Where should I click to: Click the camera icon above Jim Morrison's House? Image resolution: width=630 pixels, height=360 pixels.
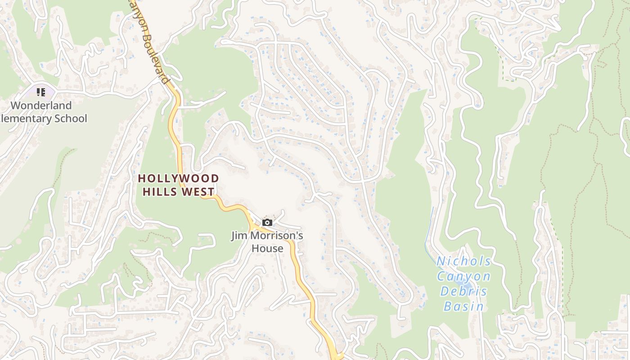(x=267, y=222)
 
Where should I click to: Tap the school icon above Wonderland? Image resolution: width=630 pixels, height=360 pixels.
(x=41, y=92)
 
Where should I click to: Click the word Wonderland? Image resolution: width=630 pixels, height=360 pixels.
(x=41, y=106)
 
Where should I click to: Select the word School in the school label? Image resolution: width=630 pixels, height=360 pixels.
(x=71, y=119)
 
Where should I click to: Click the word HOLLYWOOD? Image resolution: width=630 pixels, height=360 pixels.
(x=178, y=179)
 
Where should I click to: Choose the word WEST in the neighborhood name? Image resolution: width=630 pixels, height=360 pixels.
(x=198, y=192)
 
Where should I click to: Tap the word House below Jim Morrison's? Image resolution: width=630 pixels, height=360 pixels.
(x=267, y=248)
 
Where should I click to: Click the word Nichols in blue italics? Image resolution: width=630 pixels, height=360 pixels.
(x=464, y=261)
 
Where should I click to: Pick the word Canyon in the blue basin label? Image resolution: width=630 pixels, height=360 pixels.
(x=464, y=276)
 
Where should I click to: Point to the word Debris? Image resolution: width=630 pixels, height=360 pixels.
(x=464, y=291)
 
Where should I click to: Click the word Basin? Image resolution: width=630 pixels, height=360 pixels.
(x=464, y=306)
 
